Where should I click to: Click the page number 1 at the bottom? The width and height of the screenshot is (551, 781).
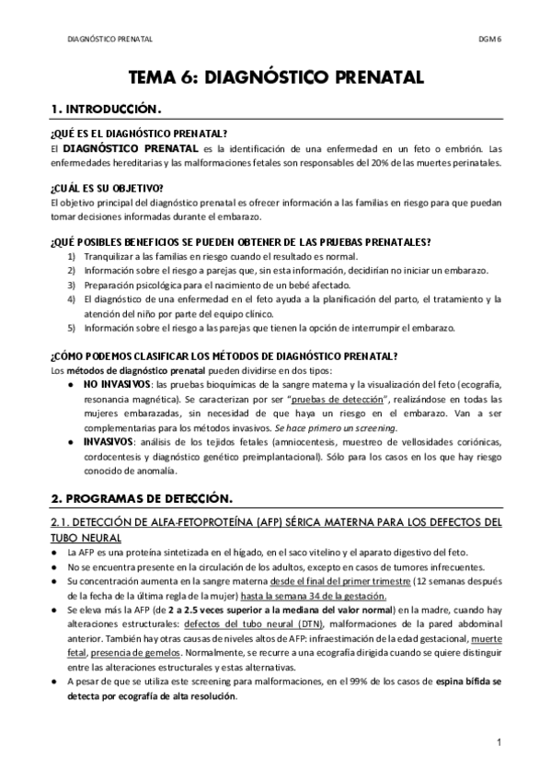[498, 742]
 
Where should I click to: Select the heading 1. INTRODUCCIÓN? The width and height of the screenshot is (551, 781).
[107, 109]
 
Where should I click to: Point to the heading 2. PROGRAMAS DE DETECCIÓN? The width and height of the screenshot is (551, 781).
[141, 498]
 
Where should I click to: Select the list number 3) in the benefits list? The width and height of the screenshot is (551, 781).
[72, 286]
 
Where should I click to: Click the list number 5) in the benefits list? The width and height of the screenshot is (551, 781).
[72, 328]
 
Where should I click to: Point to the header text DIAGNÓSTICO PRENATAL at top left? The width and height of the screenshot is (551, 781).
[110, 40]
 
